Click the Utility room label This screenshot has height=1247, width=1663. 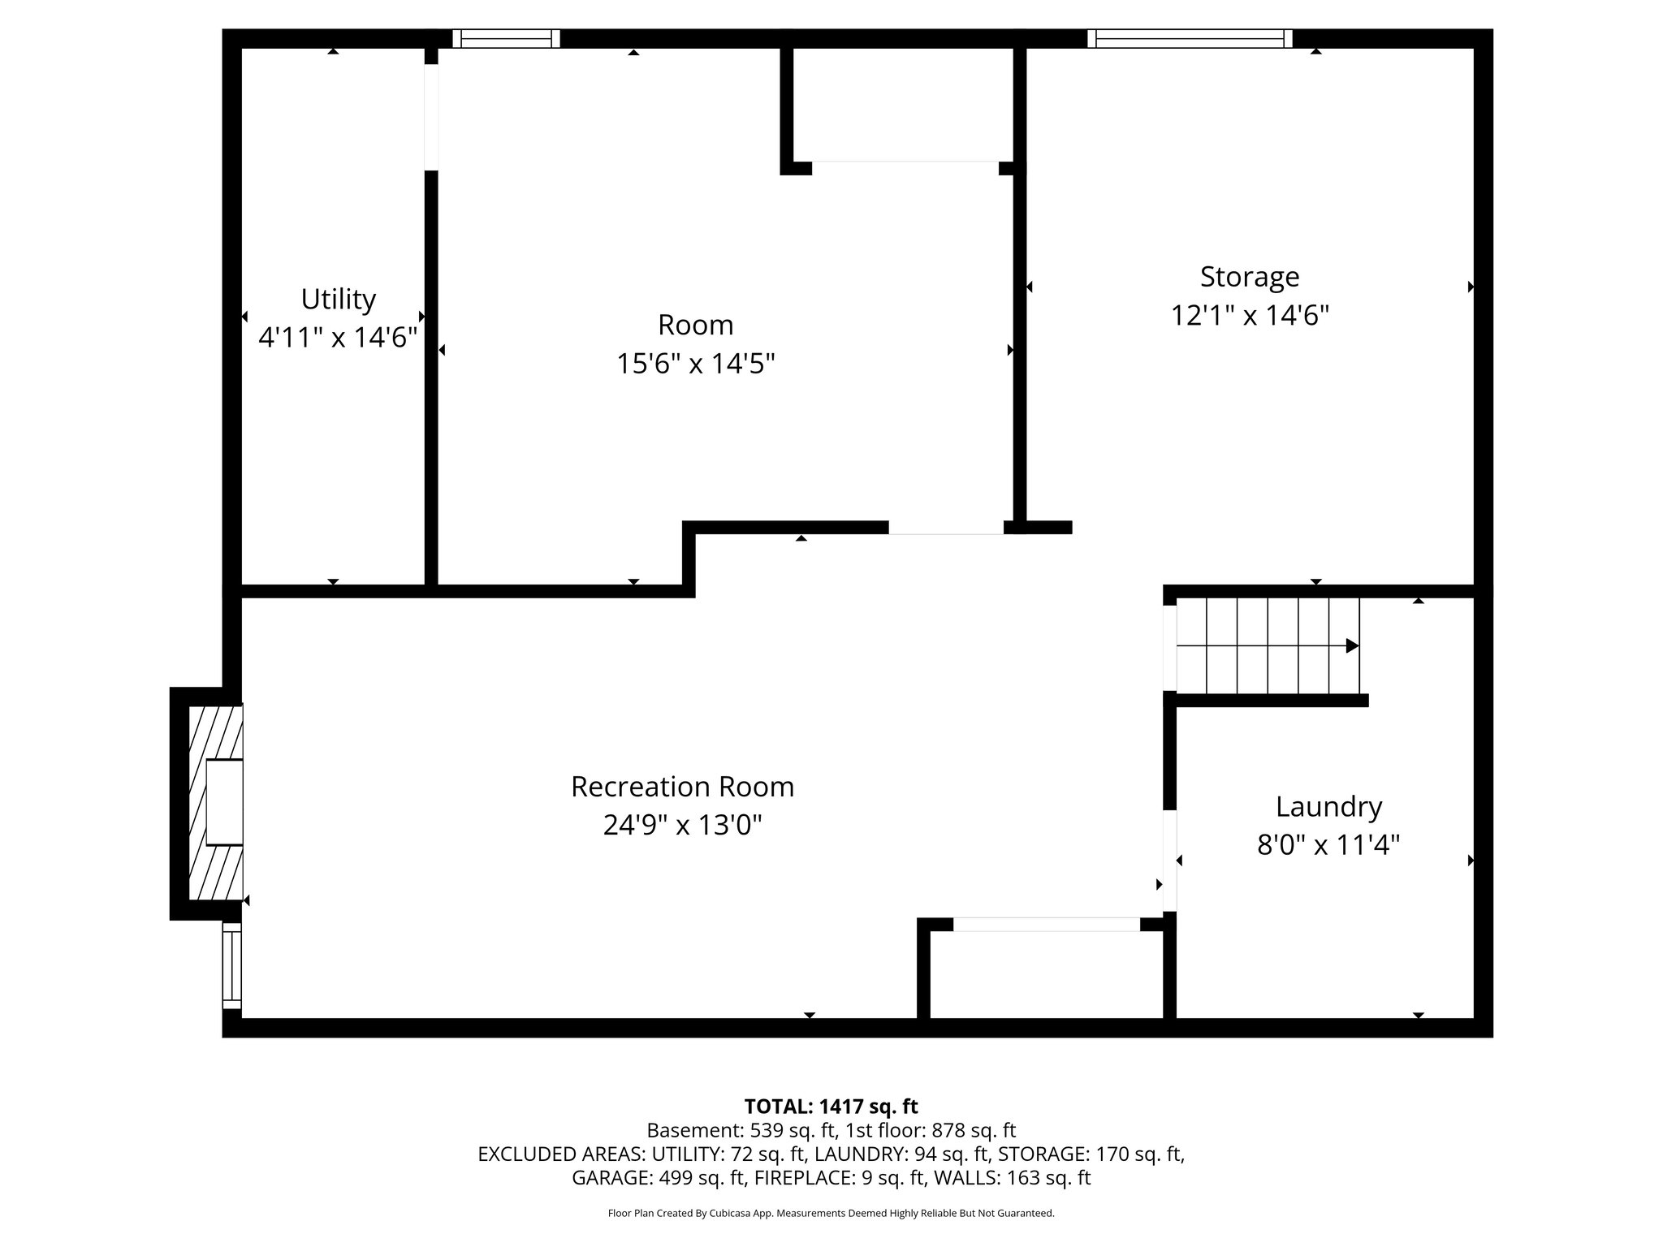pyautogui.click(x=338, y=300)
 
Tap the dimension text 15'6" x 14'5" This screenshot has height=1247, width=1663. pyautogui.click(x=696, y=364)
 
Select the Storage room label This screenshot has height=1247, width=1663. pyautogui.click(x=1249, y=277)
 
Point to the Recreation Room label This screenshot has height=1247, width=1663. pyautogui.click(x=682, y=787)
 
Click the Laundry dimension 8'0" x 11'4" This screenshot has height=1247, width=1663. pyautogui.click(x=1328, y=846)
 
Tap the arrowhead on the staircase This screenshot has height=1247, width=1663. pyautogui.click(x=1352, y=646)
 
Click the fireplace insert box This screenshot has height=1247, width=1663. pyautogui.click(x=224, y=802)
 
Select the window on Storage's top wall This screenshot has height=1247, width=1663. pyautogui.click(x=1190, y=38)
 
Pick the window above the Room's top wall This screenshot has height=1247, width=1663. pyautogui.click(x=506, y=38)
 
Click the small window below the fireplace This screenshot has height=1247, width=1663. pyautogui.click(x=232, y=966)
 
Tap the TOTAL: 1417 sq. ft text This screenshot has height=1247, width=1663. pyautogui.click(x=831, y=1107)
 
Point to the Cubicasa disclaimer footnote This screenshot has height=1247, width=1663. pyautogui.click(x=831, y=1214)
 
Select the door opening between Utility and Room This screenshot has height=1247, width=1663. pyautogui.click(x=431, y=117)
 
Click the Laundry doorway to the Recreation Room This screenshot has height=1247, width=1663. pyautogui.click(x=1169, y=861)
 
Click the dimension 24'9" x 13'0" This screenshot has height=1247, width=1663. pyautogui.click(x=682, y=826)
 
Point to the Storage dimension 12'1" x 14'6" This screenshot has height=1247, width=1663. pyautogui.click(x=1249, y=316)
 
